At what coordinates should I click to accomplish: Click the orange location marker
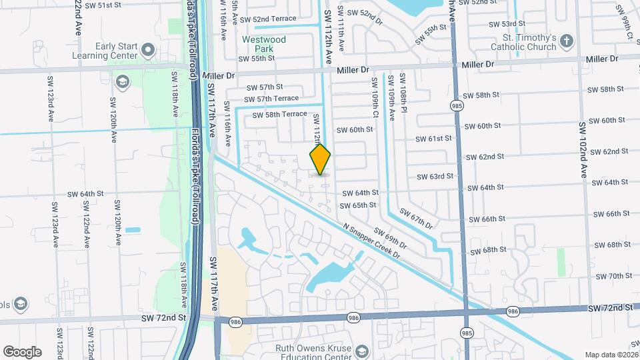point(320,159)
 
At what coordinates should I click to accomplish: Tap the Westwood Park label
point(264,44)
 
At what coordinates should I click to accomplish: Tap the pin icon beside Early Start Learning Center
point(148,50)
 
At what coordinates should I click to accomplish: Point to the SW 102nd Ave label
point(584,149)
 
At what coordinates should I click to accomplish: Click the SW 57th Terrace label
point(273,98)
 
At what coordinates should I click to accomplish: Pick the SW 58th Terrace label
point(280,115)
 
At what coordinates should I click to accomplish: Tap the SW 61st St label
point(434,139)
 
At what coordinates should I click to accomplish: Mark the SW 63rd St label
point(435,177)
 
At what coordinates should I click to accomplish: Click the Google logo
point(22,351)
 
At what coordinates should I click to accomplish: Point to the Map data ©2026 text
point(611,355)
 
